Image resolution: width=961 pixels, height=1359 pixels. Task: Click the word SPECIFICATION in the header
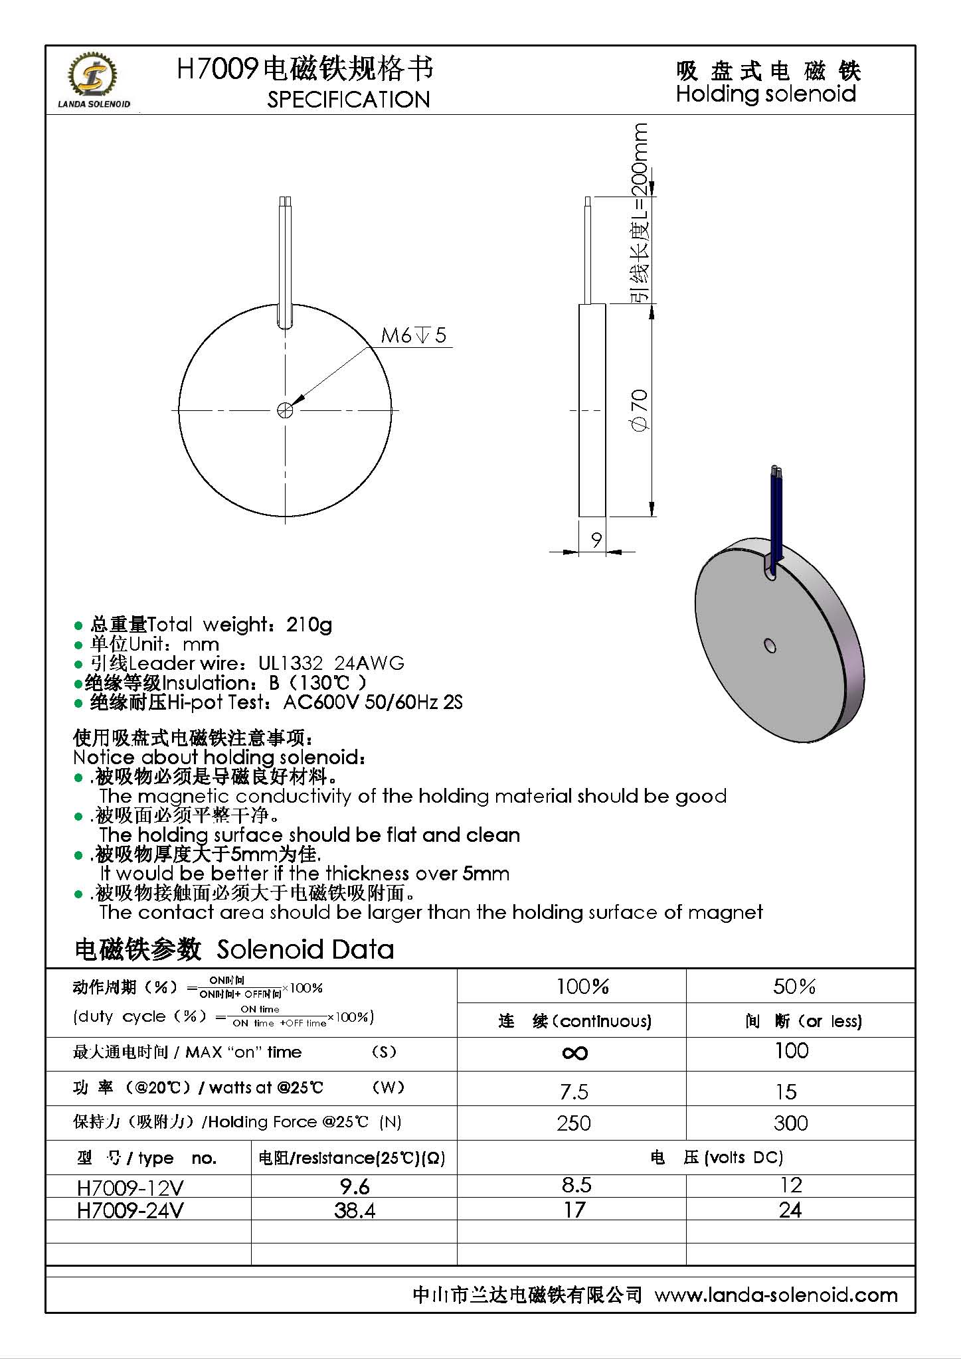click(x=349, y=100)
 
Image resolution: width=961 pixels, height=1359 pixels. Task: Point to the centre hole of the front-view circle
click(x=285, y=410)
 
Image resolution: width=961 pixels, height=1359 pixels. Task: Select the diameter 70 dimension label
click(x=639, y=411)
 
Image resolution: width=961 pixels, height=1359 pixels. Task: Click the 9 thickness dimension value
click(x=596, y=539)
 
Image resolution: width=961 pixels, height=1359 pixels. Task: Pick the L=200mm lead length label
click(x=639, y=212)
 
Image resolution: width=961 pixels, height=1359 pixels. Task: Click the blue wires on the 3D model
click(x=776, y=511)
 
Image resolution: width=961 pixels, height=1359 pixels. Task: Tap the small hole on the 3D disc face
click(x=770, y=645)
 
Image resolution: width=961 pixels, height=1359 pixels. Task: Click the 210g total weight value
click(x=309, y=625)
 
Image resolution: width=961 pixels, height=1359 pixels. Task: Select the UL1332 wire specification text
click(x=291, y=663)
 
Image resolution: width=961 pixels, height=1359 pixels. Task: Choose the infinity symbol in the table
click(x=574, y=1053)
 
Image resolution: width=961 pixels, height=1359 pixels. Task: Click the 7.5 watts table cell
click(x=574, y=1091)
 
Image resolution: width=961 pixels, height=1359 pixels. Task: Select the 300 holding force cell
click(x=790, y=1123)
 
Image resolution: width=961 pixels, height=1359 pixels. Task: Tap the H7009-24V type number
click(x=130, y=1210)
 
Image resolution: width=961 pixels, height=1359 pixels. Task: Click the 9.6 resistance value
click(x=355, y=1186)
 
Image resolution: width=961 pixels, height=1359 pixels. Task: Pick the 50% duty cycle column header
click(x=794, y=987)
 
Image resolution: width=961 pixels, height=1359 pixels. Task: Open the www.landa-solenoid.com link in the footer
click(x=776, y=1295)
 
